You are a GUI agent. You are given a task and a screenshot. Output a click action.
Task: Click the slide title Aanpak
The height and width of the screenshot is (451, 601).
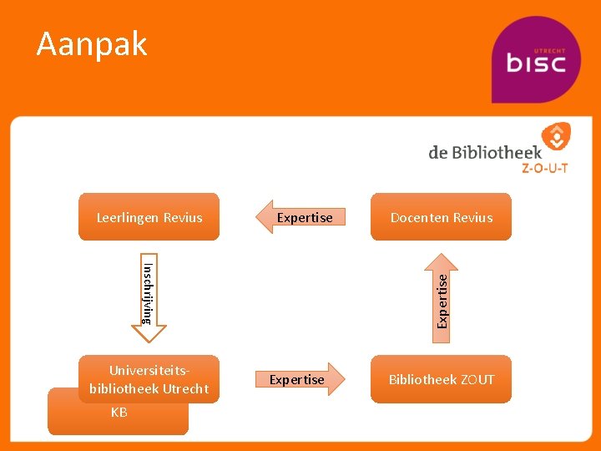tap(92, 43)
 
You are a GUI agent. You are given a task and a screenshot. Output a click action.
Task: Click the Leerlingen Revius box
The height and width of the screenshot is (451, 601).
tap(149, 217)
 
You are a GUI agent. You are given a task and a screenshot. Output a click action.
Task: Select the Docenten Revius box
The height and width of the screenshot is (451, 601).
tap(441, 217)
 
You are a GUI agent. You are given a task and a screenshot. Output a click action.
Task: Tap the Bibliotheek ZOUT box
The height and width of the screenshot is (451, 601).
tap(441, 379)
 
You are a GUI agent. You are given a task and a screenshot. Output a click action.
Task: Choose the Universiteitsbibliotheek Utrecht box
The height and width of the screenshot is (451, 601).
tap(149, 379)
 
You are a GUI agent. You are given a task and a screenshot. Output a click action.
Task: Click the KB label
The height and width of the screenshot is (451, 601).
tap(119, 413)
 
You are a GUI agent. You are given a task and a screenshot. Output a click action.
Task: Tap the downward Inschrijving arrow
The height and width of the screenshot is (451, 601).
tap(149, 296)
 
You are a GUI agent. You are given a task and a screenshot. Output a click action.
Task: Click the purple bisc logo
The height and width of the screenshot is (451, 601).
tap(535, 60)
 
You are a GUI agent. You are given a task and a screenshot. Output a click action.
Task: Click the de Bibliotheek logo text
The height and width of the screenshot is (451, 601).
tap(485, 152)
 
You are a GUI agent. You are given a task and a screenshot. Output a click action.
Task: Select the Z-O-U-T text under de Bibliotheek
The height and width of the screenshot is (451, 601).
tap(544, 168)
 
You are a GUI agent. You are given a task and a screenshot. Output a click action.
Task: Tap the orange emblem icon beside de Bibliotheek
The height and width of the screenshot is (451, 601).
tap(554, 137)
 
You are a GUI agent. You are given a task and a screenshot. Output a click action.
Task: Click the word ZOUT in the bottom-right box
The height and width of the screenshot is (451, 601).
tap(477, 379)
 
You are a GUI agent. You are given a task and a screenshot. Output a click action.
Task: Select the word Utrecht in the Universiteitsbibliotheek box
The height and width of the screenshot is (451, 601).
tap(185, 389)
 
